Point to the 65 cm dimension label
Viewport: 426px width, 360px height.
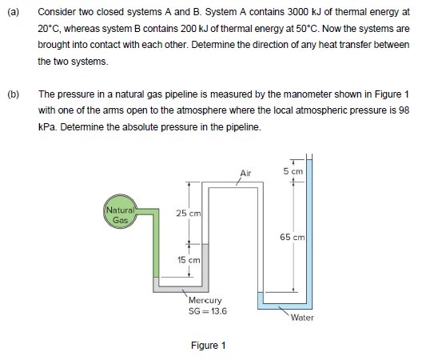pos(291,237)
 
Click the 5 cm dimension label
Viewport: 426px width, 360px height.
pos(293,171)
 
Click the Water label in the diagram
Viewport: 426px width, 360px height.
pos(302,318)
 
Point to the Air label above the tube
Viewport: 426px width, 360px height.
pos(245,172)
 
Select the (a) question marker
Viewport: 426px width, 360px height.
pos(12,13)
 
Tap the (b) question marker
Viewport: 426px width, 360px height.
pos(12,94)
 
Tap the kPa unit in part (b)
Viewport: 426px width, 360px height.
pos(46,126)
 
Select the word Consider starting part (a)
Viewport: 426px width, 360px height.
pos(55,13)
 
